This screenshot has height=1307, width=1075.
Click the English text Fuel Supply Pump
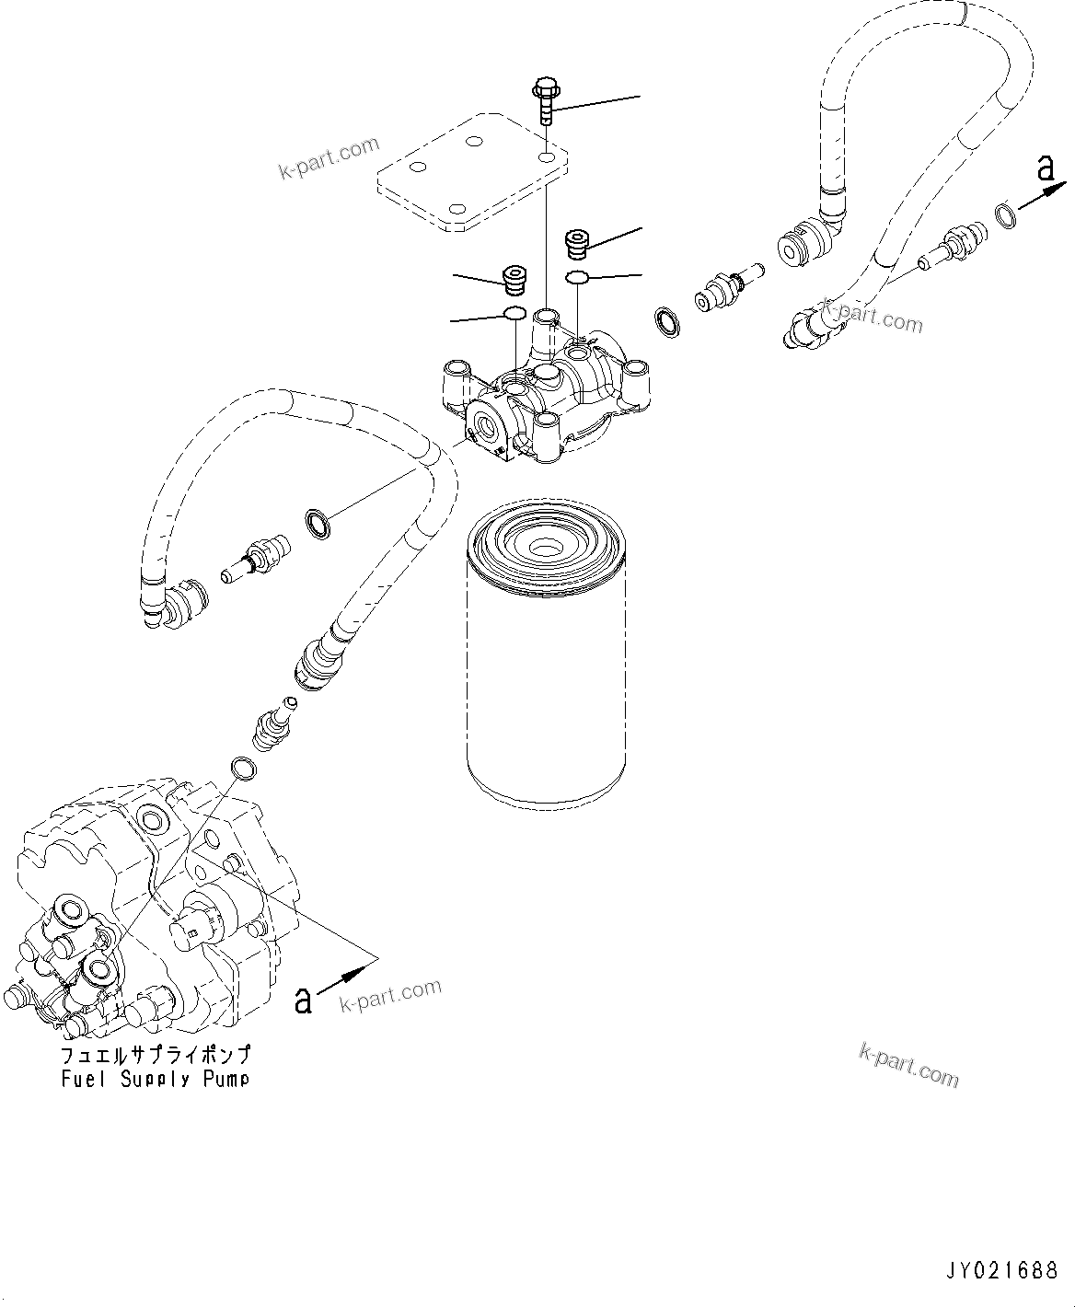155,1079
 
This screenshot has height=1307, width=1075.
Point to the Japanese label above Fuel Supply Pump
155,1056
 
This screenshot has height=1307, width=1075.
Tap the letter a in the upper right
1044,168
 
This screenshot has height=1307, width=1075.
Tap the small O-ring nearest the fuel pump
242,768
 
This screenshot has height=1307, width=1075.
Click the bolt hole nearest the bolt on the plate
549,159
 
